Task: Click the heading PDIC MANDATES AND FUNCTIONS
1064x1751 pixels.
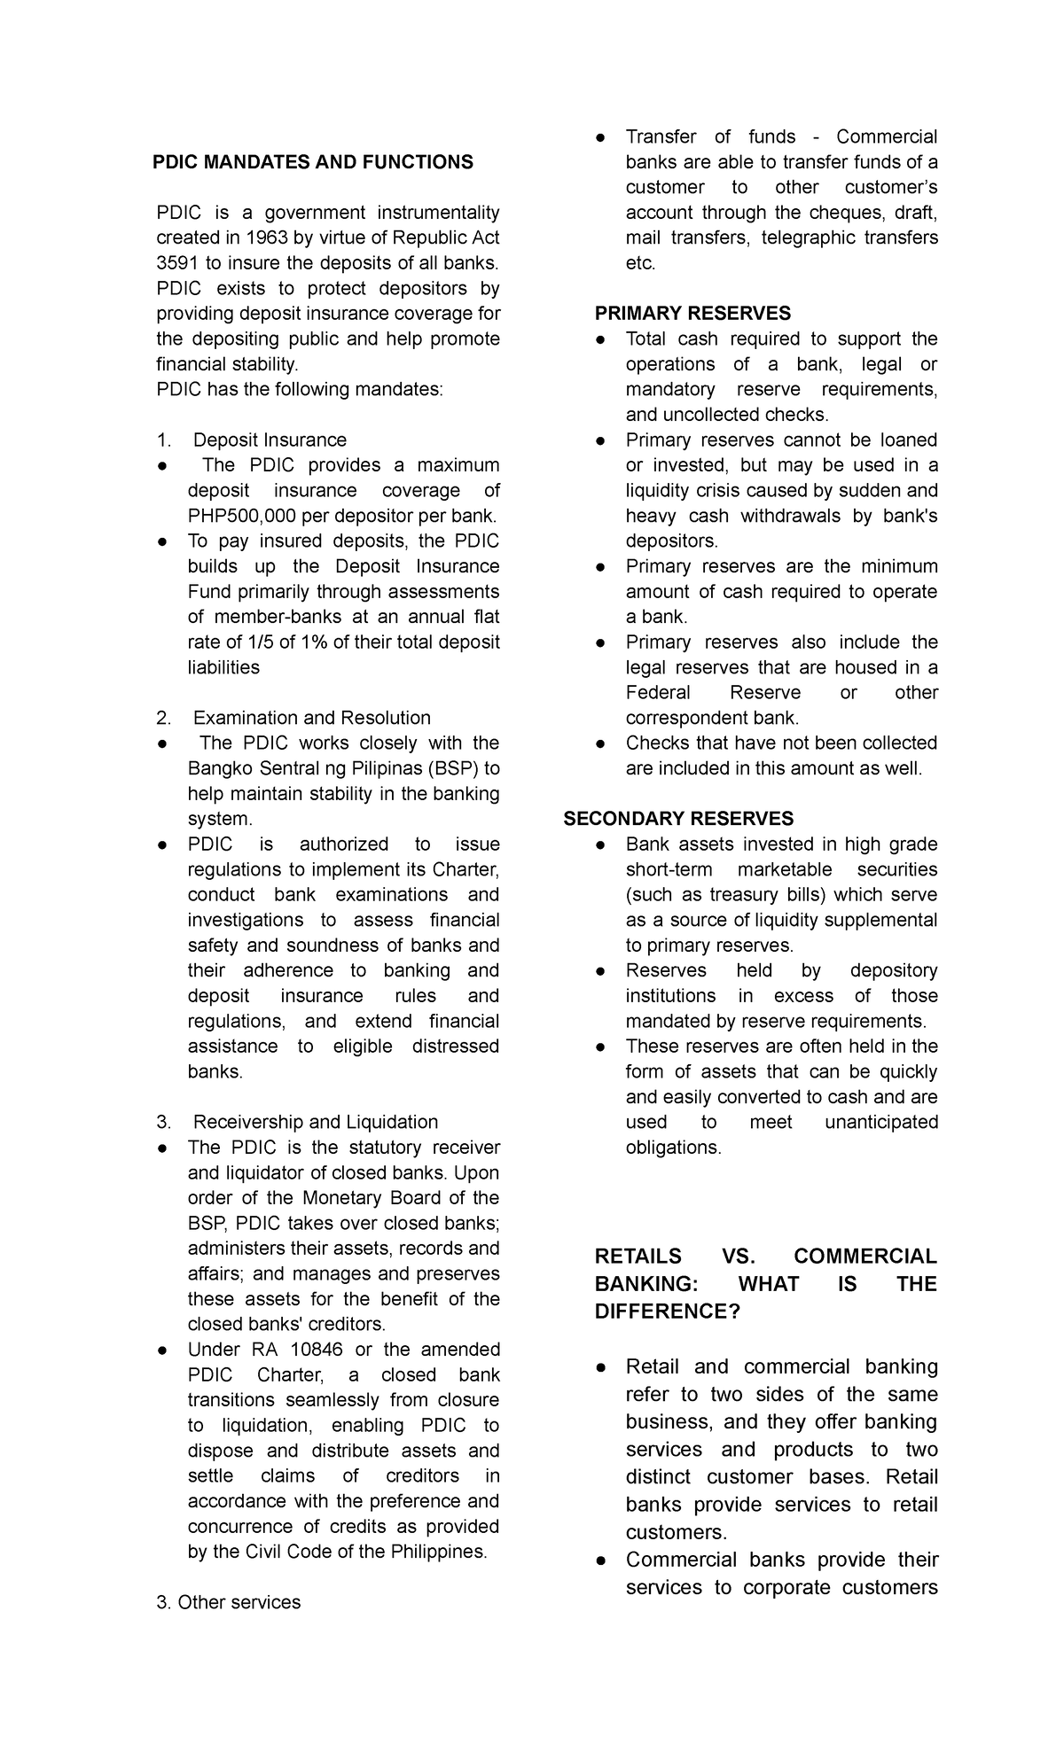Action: (312, 162)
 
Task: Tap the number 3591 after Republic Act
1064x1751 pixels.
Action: (175, 263)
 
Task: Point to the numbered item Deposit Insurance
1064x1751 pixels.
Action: (270, 440)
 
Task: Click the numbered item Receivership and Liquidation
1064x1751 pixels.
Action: (315, 1122)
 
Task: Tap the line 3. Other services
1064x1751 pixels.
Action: (228, 1627)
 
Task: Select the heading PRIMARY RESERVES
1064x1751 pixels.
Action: (692, 314)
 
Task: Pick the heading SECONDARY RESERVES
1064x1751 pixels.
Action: (678, 819)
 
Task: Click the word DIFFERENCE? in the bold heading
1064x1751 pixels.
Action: (667, 1311)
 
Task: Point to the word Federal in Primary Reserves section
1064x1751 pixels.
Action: (656, 693)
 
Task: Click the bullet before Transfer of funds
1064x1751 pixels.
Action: (601, 137)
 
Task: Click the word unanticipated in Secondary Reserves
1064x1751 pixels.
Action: (880, 1122)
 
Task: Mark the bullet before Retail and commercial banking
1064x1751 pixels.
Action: (601, 1367)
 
